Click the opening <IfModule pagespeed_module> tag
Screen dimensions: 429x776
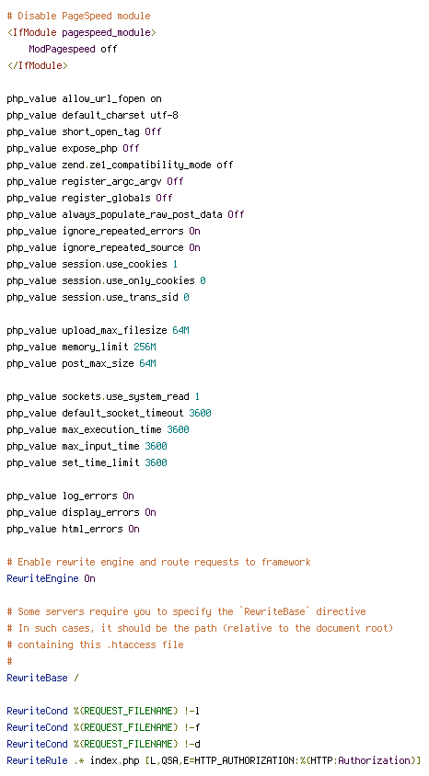click(82, 33)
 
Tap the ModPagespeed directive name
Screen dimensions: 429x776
click(62, 49)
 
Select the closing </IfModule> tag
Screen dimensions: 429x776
click(37, 65)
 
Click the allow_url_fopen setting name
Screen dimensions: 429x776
click(103, 99)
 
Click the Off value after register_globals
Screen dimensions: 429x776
click(165, 198)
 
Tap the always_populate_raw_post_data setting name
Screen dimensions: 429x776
click(142, 215)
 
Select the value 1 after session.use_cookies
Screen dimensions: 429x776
click(175, 264)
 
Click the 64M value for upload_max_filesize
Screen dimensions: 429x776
click(180, 330)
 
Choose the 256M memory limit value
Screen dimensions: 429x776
click(145, 347)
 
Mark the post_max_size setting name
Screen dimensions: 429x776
click(99, 364)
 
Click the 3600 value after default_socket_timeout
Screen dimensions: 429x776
click(200, 413)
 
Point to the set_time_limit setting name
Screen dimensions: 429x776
click(100, 462)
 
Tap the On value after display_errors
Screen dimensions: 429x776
click(151, 512)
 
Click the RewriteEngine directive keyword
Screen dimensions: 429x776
click(42, 578)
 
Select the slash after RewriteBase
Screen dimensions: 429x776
click(76, 678)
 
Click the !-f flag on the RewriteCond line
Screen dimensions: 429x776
click(192, 727)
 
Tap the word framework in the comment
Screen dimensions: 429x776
click(286, 562)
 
